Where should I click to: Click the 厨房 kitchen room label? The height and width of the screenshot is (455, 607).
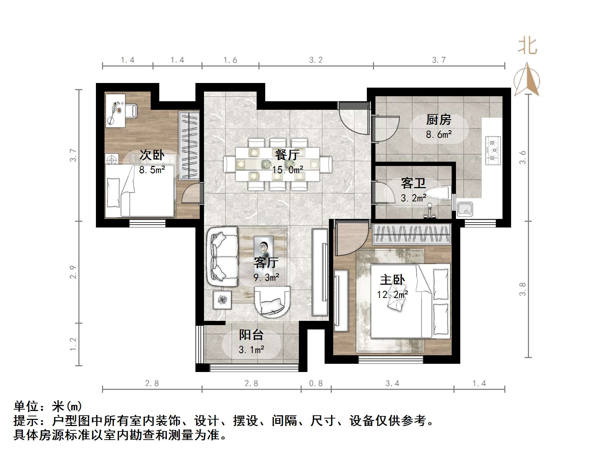pyautogui.click(x=439, y=120)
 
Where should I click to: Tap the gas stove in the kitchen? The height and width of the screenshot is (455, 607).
pyautogui.click(x=493, y=148)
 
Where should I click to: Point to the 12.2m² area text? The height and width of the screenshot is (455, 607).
pyautogui.click(x=393, y=294)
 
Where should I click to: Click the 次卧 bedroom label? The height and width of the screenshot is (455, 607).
pyautogui.click(x=152, y=155)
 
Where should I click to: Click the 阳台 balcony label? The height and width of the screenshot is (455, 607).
pyautogui.click(x=251, y=335)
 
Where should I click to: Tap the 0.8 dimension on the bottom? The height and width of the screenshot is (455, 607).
pyautogui.click(x=316, y=383)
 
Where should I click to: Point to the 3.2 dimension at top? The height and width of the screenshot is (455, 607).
pyautogui.click(x=316, y=60)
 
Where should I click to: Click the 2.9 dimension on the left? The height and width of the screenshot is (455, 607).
pyautogui.click(x=73, y=272)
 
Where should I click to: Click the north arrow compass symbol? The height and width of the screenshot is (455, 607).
pyautogui.click(x=527, y=80)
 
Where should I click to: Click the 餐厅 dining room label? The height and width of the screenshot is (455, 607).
pyautogui.click(x=287, y=155)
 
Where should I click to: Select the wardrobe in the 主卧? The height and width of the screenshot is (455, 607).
pyautogui.click(x=411, y=235)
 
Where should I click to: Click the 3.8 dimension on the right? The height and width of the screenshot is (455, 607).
pyautogui.click(x=523, y=289)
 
